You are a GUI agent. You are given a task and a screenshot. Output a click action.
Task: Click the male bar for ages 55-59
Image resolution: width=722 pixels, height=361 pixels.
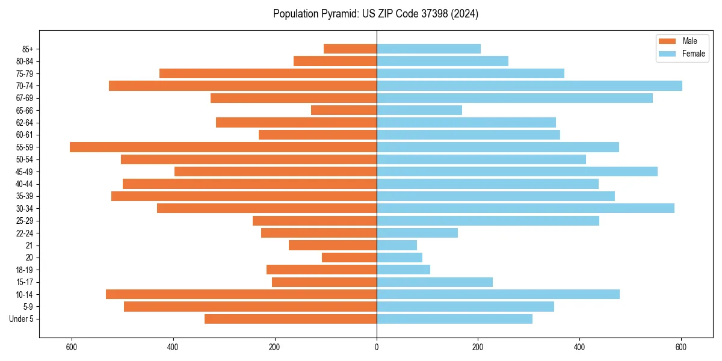pyautogui.click(x=223, y=147)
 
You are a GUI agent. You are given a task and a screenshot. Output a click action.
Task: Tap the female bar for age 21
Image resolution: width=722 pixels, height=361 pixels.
pyautogui.click(x=396, y=245)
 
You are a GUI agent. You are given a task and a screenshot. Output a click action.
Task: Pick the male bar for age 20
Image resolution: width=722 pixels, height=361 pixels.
pyautogui.click(x=349, y=258)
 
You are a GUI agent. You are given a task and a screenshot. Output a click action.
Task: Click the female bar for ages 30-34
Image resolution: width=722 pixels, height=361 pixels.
pyautogui.click(x=525, y=209)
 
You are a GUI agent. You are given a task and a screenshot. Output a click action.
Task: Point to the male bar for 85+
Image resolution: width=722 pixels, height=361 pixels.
pyautogui.click(x=350, y=49)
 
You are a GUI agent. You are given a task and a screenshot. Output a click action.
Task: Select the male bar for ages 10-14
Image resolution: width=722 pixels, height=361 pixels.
pyautogui.click(x=241, y=294)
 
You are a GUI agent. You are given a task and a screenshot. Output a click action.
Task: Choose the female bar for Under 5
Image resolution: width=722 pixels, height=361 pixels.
pyautogui.click(x=454, y=319)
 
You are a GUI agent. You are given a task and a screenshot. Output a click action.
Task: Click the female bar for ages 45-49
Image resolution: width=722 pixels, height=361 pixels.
pyautogui.click(x=517, y=171)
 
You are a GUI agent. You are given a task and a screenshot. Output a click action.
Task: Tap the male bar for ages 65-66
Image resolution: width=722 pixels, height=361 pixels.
pyautogui.click(x=344, y=110)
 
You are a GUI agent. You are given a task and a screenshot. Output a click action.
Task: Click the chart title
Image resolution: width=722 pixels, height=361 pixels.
pyautogui.click(x=376, y=14)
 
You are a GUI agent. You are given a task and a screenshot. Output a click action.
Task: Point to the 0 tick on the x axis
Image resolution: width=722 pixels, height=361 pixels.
pyautogui.click(x=377, y=347)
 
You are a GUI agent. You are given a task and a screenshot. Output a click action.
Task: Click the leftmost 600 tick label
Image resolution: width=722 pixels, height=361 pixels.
pyautogui.click(x=72, y=347)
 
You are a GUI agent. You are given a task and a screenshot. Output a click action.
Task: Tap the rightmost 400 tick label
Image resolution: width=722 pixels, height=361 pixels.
pyautogui.click(x=579, y=347)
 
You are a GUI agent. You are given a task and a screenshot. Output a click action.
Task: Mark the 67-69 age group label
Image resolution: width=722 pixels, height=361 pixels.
pyautogui.click(x=25, y=98)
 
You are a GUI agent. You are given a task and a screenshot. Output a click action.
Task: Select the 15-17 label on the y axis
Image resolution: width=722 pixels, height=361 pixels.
pyautogui.click(x=25, y=282)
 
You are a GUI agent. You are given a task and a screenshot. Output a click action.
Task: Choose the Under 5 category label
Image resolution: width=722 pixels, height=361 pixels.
pyautogui.click(x=22, y=319)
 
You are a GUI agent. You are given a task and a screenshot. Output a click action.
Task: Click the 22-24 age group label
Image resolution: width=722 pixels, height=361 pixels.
pyautogui.click(x=25, y=233)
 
